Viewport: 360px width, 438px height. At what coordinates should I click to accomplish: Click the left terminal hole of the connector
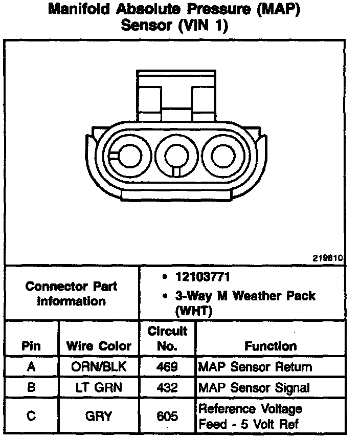pos(130,156)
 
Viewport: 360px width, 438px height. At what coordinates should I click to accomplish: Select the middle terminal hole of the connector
pos(176,157)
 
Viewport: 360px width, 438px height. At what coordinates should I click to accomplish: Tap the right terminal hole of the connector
pos(223,156)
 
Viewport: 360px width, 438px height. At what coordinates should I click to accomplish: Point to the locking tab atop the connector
pos(176,96)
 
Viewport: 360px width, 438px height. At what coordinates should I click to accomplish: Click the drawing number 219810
pos(328,257)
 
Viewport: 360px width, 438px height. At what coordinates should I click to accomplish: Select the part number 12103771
pos(202,277)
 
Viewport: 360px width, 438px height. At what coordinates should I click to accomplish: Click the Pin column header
pos(31,346)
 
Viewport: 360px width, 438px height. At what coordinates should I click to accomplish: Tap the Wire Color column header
pos(99,346)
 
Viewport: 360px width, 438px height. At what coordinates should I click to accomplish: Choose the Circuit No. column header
pos(167,339)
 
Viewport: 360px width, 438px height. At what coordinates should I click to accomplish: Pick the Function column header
pos(271,346)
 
